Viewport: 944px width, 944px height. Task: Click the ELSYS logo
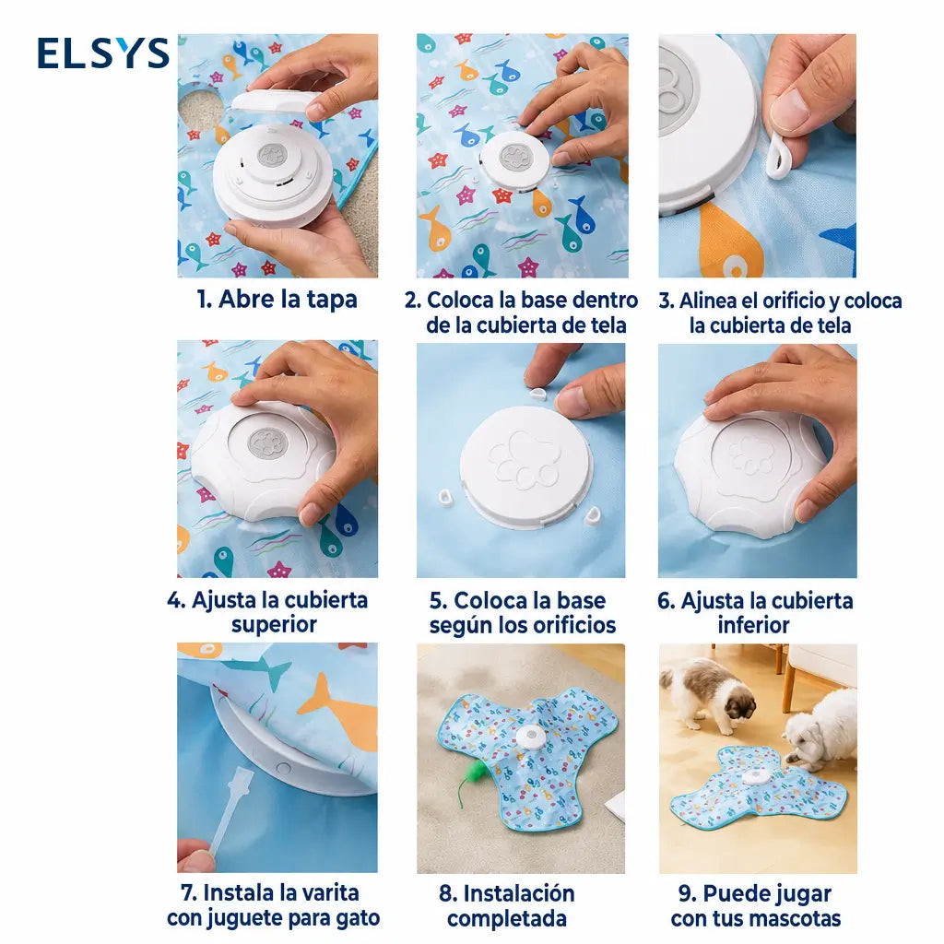pyautogui.click(x=103, y=53)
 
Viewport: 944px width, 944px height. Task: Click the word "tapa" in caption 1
pyautogui.click(x=332, y=300)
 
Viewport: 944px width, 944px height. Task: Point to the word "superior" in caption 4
pyautogui.click(x=274, y=625)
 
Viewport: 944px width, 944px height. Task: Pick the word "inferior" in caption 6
pyautogui.click(x=754, y=626)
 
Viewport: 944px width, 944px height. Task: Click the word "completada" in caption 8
pyautogui.click(x=507, y=919)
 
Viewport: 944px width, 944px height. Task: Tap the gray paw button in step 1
pyautogui.click(x=272, y=156)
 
